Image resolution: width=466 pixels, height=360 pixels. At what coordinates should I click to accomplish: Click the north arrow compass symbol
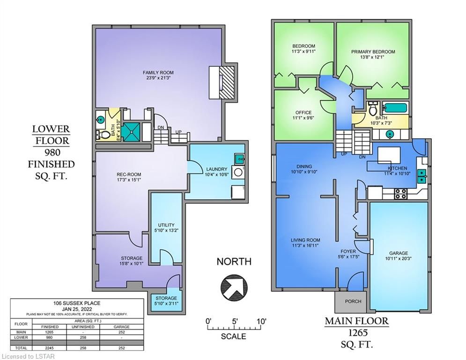234,287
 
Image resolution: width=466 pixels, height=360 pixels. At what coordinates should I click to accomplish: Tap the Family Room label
158,73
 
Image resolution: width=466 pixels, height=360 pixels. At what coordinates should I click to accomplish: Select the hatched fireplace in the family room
227,82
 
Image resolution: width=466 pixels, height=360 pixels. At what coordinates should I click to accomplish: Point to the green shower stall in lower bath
131,132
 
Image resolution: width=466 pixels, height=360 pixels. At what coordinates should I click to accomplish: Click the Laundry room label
217,169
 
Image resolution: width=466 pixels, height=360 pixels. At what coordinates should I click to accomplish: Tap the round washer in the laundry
238,172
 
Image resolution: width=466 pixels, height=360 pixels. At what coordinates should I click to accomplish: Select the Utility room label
166,225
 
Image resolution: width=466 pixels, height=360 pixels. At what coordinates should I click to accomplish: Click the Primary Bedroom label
373,52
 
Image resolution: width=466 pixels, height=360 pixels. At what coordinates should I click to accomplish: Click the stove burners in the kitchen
400,194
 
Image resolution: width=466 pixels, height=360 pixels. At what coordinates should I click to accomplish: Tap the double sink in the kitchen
422,176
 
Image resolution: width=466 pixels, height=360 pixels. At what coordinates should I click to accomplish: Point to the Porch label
353,301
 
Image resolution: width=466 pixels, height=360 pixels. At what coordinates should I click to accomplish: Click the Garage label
398,254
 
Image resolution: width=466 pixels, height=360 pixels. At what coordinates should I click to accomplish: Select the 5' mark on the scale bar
235,322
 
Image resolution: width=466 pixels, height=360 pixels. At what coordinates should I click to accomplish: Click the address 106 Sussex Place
77,303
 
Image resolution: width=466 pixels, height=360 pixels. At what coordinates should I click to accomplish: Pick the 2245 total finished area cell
50,348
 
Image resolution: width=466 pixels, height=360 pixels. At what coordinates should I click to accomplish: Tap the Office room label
303,112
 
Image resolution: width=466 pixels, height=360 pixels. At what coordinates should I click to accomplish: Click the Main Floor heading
356,321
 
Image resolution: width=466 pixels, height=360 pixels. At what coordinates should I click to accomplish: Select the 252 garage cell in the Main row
122,332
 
